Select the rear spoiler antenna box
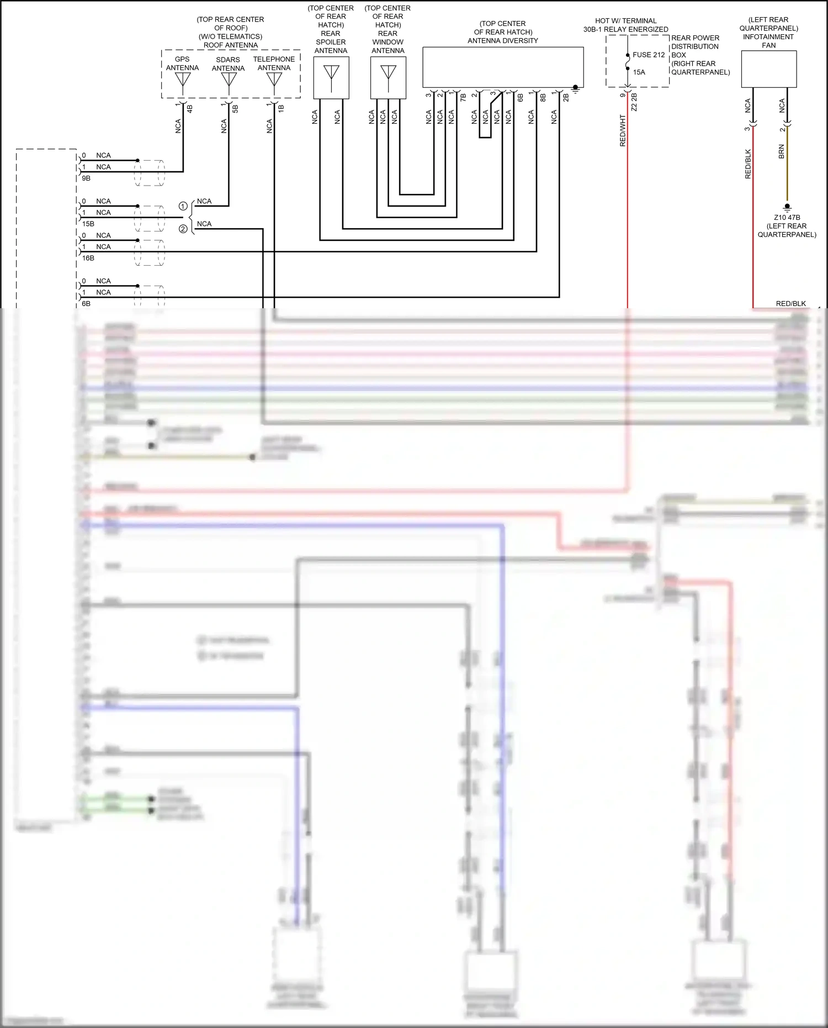coord(331,78)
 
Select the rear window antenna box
coord(388,78)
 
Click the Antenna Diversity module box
coord(503,67)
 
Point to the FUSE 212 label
coord(649,55)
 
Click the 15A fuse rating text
coord(639,72)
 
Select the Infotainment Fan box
coord(768,69)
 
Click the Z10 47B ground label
coord(787,218)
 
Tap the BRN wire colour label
coord(782,152)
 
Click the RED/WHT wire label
coord(623,131)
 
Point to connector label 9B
coord(86,178)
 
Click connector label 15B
coord(88,224)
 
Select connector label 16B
coord(88,258)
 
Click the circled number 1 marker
coord(183,206)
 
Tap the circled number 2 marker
coord(183,229)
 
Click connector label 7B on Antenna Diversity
coord(464,97)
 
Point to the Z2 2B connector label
coord(634,102)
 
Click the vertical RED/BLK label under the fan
coord(748,164)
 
